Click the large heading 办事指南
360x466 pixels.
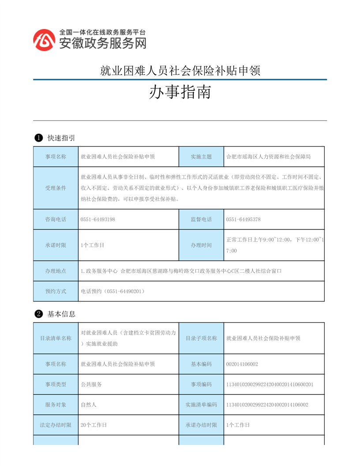180,92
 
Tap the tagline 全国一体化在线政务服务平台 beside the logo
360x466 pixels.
102,32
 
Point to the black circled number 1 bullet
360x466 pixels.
38,138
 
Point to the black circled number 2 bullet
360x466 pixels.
38,314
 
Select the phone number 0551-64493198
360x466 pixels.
98,219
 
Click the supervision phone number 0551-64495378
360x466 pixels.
243,219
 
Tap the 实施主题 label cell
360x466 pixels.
201,157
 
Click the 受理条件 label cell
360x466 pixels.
56,188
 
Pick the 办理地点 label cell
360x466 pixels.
56,271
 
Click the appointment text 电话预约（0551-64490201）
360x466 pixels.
113,291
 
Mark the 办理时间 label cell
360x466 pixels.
201,245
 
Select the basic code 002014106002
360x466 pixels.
242,364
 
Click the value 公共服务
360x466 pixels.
91,384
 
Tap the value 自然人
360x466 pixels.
89,405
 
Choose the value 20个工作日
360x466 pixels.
94,425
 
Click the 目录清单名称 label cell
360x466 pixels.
56,338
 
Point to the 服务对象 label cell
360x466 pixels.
56,405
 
